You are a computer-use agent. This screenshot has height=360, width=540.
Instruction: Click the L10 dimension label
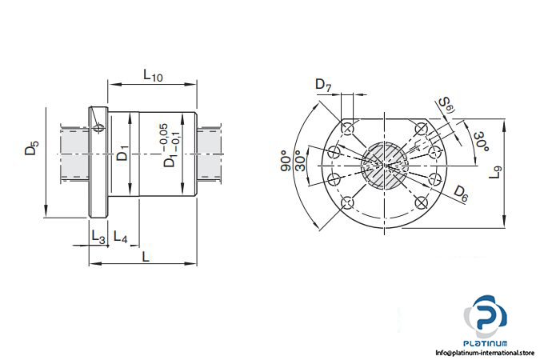(x=152, y=75)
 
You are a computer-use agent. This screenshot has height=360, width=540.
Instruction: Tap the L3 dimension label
(x=98, y=238)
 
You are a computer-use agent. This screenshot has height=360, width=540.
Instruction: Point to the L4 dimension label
(x=121, y=238)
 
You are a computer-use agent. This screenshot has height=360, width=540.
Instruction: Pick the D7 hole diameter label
(x=322, y=85)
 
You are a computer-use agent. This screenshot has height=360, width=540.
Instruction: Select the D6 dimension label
(x=461, y=192)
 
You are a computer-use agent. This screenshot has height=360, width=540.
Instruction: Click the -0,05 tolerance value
(x=163, y=134)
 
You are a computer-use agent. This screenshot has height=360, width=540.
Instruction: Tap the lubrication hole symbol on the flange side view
(x=97, y=126)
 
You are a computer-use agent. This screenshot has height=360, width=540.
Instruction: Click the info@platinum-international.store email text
(x=486, y=352)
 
